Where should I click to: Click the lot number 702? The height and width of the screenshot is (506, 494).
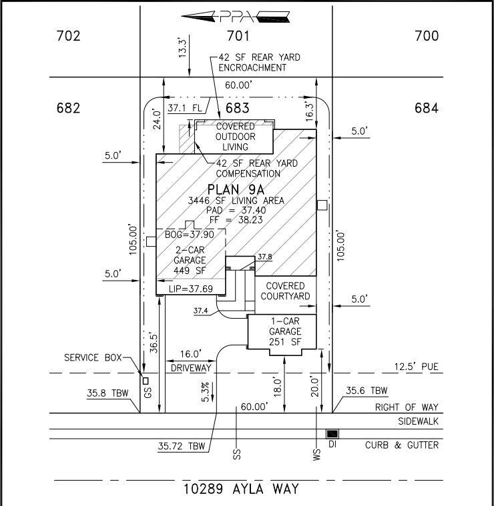pyautogui.click(x=68, y=36)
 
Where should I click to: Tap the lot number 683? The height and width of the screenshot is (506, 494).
pyautogui.click(x=237, y=108)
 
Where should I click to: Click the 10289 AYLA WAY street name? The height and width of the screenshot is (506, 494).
pyautogui.click(x=241, y=489)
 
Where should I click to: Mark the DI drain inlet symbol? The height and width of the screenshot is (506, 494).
pyautogui.click(x=332, y=434)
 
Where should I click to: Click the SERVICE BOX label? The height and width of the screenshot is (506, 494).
pyautogui.click(x=93, y=357)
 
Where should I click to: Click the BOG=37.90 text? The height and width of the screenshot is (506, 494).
pyautogui.click(x=189, y=234)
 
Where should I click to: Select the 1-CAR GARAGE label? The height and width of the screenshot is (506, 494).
pyautogui.click(x=286, y=331)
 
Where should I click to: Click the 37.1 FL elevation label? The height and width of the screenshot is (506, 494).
pyautogui.click(x=184, y=107)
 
